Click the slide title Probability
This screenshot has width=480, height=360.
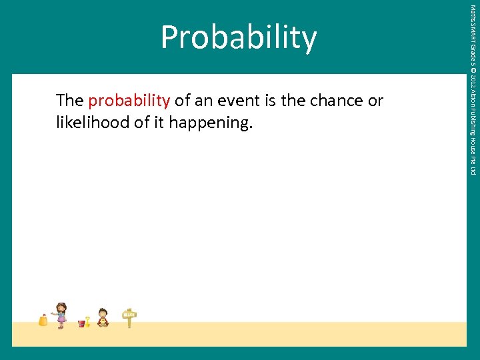pos(239,38)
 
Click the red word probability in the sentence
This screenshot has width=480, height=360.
pos(129,101)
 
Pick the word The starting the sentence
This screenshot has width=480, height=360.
pos(70,101)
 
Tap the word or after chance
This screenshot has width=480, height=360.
pos(375,101)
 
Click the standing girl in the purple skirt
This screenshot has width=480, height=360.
pos(61,315)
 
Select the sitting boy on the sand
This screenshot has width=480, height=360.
pos(103,318)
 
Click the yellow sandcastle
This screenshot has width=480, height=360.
pos(43,320)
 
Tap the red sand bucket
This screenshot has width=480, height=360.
pos(81,323)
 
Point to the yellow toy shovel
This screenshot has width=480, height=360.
pos(87,321)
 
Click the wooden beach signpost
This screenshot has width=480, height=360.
pos(129,317)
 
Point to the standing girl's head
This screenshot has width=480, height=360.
pos(61,307)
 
